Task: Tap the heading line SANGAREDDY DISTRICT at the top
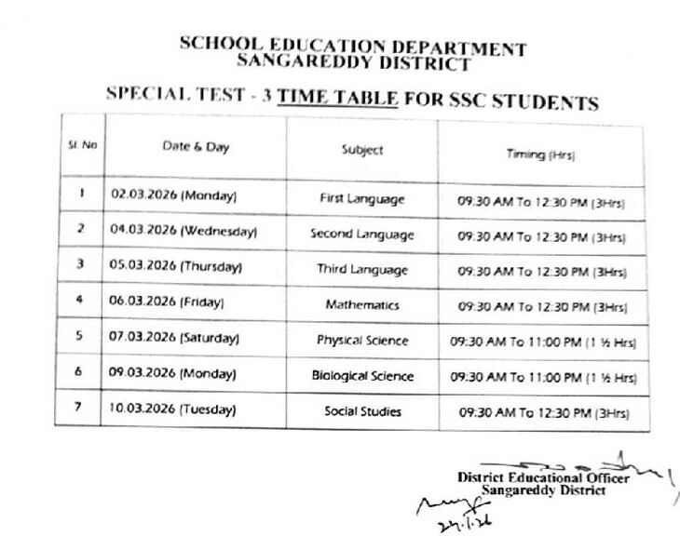(353, 63)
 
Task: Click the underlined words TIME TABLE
(338, 97)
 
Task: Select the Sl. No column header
(82, 146)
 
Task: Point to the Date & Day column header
(196, 147)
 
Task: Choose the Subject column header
(362, 150)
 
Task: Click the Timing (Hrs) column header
(540, 154)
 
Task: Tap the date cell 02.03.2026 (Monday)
(174, 195)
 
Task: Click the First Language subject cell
(362, 198)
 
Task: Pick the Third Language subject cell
(362, 270)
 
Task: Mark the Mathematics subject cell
(362, 304)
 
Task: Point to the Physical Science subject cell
(362, 341)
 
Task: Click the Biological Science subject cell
(362, 376)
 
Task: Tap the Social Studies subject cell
(362, 410)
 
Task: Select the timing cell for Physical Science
(543, 342)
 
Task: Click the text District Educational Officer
(543, 477)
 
